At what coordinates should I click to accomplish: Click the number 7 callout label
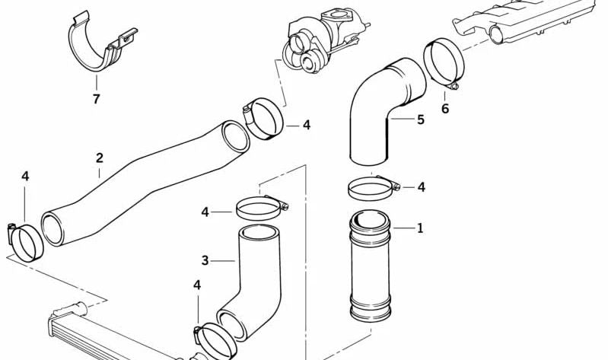point(96,99)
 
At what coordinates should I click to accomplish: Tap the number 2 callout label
point(100,158)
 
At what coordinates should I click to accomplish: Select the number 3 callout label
point(205,261)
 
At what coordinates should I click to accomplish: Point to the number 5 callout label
point(420,119)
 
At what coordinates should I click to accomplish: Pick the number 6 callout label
point(445,109)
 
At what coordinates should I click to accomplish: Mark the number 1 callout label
point(420,228)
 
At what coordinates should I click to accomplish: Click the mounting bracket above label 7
point(99,44)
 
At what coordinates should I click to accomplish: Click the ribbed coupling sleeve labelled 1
point(371,266)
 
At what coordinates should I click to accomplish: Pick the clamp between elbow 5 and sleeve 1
point(372,186)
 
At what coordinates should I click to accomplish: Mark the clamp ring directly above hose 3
point(261,206)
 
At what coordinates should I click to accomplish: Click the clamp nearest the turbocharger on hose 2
point(265,119)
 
